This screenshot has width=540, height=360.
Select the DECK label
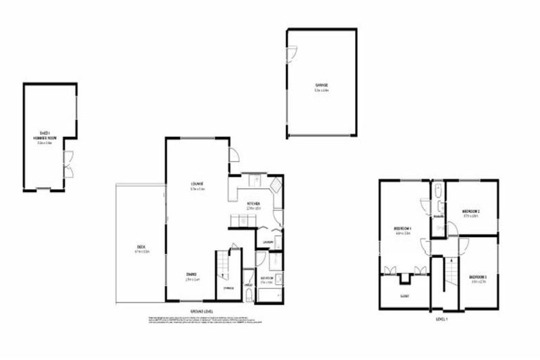tap(141, 247)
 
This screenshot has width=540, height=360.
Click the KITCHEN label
tap(254, 205)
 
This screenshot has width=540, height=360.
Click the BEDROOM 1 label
tap(402, 229)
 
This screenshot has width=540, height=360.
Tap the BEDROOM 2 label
tap(470, 212)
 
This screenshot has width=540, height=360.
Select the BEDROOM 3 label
tap(478, 278)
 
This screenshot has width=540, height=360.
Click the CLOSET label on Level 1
tap(404, 296)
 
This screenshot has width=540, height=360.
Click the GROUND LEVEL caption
tap(202, 311)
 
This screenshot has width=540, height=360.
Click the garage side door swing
tap(292, 53)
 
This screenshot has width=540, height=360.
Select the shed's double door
tap(68, 164)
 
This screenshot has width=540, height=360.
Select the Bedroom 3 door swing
tap(463, 245)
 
